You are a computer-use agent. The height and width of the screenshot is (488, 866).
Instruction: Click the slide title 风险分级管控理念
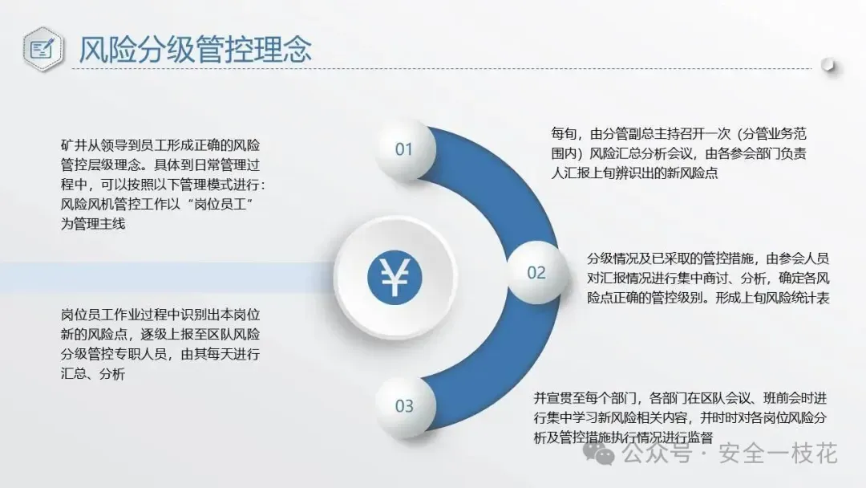195,49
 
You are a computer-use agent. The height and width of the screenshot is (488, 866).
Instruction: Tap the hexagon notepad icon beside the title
43,49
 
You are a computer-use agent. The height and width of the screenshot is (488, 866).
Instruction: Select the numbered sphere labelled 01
405,149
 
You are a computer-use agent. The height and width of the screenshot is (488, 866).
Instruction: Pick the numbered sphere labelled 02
536,272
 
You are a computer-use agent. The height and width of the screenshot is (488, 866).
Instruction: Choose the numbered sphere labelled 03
405,407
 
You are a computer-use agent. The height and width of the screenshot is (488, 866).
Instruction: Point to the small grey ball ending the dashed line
828,65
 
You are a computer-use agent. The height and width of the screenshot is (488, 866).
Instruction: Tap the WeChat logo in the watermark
599,453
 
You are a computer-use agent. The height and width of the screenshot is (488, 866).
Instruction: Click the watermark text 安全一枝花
778,453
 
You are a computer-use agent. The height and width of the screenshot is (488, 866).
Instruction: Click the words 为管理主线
93,224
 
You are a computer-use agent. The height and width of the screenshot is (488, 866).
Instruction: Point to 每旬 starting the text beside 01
564,134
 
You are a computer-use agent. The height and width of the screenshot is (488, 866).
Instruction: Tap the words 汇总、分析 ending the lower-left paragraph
93,373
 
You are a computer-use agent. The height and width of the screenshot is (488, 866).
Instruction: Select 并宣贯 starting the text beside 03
552,398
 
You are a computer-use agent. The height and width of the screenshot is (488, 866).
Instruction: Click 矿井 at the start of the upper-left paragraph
73,145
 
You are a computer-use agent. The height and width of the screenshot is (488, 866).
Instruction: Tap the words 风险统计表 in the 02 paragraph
798,299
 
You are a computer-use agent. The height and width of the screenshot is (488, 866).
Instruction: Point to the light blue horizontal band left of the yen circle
167,278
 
